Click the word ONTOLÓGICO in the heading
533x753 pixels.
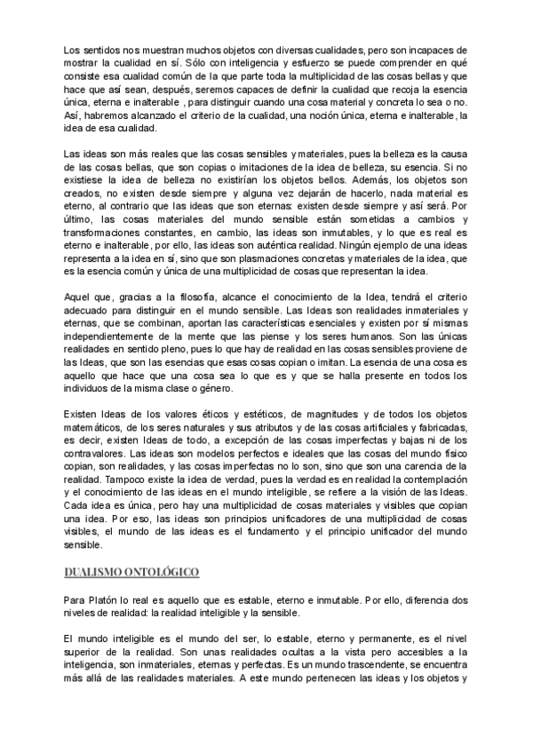pos(163,571)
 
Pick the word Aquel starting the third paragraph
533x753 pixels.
pos(81,296)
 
